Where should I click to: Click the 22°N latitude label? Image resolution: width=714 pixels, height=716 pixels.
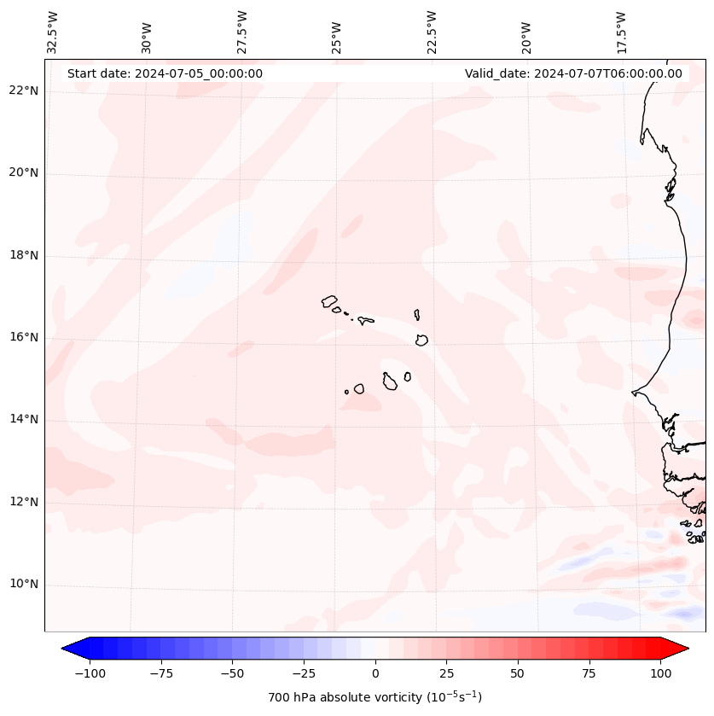23,90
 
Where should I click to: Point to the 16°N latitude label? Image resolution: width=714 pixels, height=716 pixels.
23,337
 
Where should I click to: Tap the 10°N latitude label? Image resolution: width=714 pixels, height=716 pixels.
23,585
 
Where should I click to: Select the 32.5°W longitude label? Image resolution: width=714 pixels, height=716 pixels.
53,32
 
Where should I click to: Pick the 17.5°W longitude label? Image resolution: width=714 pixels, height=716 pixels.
621,32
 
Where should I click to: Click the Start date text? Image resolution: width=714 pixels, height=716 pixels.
165,73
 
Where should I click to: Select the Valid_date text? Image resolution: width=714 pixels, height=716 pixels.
573,73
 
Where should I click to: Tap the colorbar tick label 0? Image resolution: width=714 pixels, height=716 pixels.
374,673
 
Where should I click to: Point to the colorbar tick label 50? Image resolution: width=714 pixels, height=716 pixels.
517,673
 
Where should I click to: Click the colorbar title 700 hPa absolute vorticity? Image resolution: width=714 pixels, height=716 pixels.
374,697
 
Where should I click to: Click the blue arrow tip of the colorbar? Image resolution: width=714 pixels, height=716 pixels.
68,649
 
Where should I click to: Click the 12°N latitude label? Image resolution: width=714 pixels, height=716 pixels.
23,502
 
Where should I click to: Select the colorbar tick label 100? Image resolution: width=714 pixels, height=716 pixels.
659,673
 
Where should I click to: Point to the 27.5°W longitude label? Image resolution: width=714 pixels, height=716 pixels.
242,32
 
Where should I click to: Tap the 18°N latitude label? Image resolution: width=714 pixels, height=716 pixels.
23,255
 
